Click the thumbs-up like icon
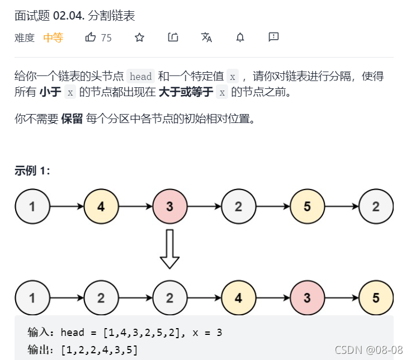coord(91,37)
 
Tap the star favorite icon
coord(139,37)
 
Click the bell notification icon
coord(240,37)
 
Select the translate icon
coord(206,37)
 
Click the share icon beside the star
coord(173,37)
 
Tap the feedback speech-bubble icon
coord(273,37)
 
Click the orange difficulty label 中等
coord(53,37)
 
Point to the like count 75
coord(106,37)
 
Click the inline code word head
coord(141,77)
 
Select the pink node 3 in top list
coord(170,207)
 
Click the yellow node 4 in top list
coord(101,207)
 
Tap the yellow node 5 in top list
coord(308,207)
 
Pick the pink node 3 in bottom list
coord(308,298)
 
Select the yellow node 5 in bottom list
coord(376,298)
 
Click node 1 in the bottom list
coord(32,298)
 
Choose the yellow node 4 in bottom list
coord(239,298)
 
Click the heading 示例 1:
coord(32,171)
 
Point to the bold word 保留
coord(72,119)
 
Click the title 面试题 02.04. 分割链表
coord(75,15)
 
